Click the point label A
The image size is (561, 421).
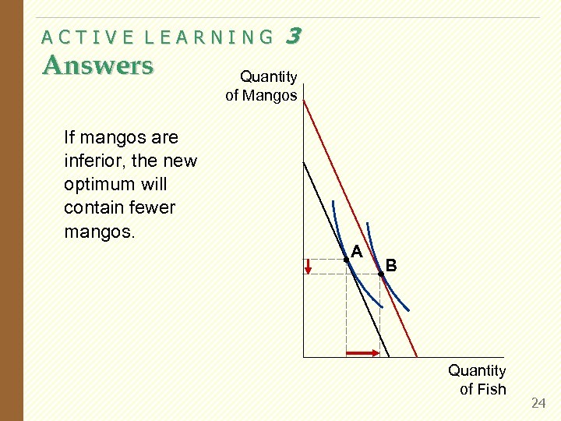coord(358,252)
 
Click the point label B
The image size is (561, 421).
coord(391,266)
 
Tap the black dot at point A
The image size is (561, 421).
coord(346,259)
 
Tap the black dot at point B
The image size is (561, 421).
coord(381,274)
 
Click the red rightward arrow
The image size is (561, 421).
coord(362,353)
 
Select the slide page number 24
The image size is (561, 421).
coord(538,403)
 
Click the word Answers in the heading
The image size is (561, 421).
coord(98,65)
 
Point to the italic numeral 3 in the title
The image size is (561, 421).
coord(293,35)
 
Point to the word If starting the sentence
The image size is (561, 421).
coord(70,138)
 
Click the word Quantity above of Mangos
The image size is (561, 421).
coord(268,76)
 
